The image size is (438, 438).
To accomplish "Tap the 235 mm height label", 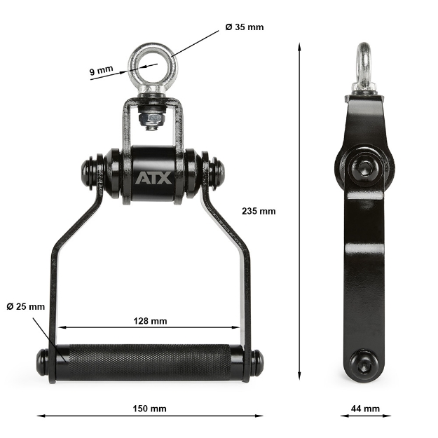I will click(259, 211).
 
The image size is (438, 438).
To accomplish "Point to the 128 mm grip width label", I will click(149, 321).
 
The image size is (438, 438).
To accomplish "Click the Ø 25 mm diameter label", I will click(25, 306).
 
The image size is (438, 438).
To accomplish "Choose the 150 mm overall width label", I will click(149, 409).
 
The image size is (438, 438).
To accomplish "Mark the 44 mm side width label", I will click(366, 409).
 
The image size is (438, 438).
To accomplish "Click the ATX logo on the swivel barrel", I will click(153, 178).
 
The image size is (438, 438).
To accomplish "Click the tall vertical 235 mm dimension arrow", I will click(301, 211).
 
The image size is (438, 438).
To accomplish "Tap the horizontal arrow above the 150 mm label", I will click(149, 416).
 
